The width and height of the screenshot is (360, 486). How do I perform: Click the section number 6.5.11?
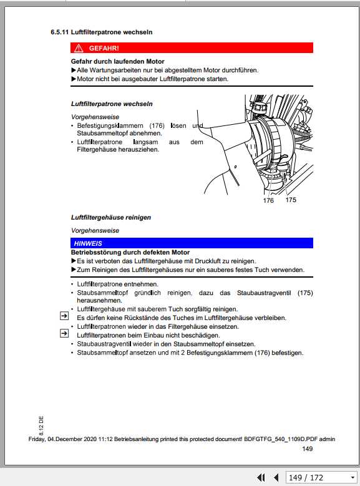[x=60, y=31]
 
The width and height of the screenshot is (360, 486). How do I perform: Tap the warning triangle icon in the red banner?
[x=78, y=48]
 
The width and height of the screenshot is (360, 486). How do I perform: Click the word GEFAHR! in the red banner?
[x=104, y=48]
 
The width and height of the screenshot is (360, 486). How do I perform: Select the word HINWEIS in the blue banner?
[x=88, y=243]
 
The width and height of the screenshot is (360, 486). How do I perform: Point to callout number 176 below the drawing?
[x=268, y=201]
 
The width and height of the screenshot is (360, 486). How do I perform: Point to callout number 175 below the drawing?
[x=291, y=200]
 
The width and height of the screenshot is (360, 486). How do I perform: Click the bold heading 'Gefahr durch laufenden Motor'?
[x=118, y=62]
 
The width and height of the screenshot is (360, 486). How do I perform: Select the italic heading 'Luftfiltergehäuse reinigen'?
[x=111, y=217]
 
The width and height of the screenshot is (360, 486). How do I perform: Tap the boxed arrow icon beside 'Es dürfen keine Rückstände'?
[x=64, y=316]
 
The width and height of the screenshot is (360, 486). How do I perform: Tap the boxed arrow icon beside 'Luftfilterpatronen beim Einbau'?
[x=64, y=334]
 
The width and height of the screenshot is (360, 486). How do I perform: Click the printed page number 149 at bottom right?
[x=307, y=449]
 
